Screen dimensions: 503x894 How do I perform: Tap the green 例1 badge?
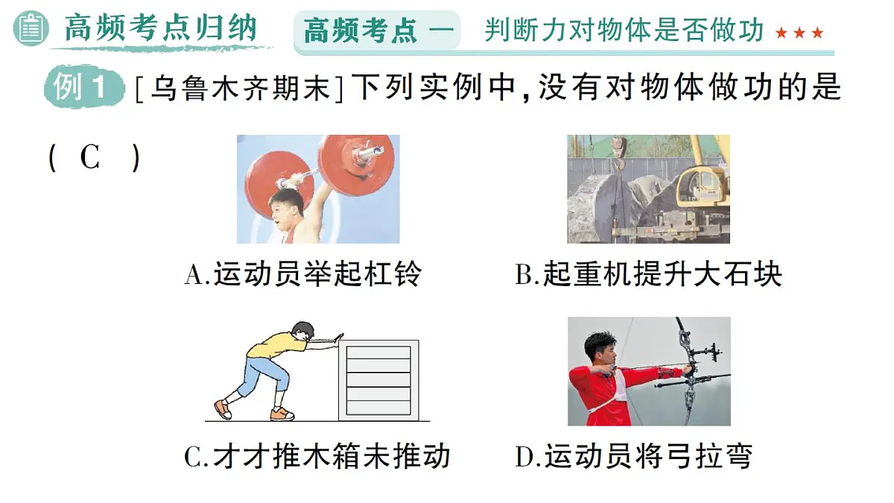pyautogui.click(x=82, y=89)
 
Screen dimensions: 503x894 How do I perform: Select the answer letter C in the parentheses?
pyautogui.click(x=90, y=158)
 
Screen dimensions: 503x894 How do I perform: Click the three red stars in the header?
pyautogui.click(x=799, y=33)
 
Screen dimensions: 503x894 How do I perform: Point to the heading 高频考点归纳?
pyautogui.click(x=160, y=29)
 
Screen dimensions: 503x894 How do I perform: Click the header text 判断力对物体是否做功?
pyautogui.click(x=624, y=31)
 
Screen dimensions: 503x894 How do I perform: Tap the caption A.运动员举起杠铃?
pyautogui.click(x=302, y=275)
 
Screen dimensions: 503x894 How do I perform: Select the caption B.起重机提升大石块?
pyautogui.click(x=648, y=275)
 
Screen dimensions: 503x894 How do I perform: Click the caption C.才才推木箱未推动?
pyautogui.click(x=317, y=456)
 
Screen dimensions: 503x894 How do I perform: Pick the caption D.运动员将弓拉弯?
pyautogui.click(x=633, y=456)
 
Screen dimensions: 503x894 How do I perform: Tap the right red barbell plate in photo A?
pyautogui.click(x=356, y=160)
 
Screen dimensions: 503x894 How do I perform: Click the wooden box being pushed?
pyautogui.click(x=378, y=380)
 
